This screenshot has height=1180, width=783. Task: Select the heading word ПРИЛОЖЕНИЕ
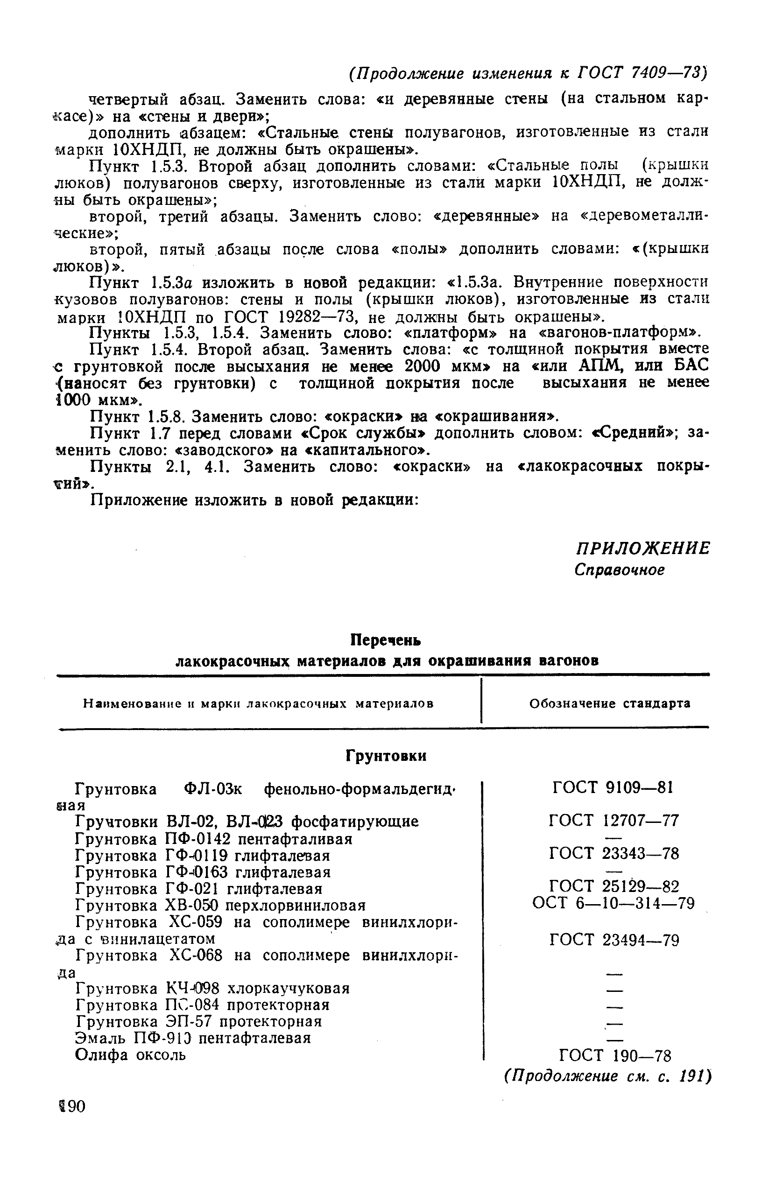(642, 548)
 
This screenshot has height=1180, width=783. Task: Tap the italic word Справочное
(619, 569)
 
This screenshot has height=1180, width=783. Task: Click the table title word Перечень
(385, 639)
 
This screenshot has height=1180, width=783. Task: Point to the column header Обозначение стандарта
(610, 703)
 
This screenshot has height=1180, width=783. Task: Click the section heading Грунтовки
(386, 756)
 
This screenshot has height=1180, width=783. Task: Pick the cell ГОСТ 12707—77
(614, 820)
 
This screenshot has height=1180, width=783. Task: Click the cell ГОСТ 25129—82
(614, 886)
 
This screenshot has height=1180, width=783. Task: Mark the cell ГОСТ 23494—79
(614, 941)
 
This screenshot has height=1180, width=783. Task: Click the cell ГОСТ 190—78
(615, 1055)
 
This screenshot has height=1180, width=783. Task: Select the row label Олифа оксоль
(130, 1055)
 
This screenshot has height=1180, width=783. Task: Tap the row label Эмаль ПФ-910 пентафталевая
(193, 1038)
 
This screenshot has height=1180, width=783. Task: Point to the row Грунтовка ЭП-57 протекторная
(199, 1021)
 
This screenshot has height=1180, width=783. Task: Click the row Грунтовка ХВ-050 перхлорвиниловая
(220, 905)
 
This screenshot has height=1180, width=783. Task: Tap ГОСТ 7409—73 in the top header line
(642, 73)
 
